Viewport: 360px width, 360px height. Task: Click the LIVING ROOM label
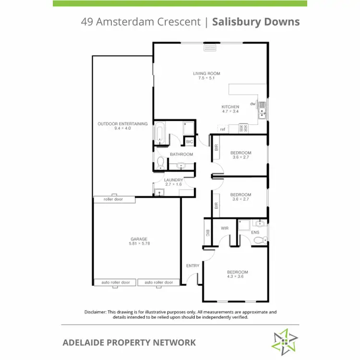point(206,73)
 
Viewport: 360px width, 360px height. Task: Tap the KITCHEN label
point(230,107)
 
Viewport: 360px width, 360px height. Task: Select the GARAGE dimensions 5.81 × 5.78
point(139,244)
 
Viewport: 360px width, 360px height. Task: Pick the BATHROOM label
point(181,154)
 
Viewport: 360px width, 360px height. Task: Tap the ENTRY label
point(192,265)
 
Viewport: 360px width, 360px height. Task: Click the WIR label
point(224,229)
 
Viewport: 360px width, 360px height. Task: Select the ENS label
point(255,232)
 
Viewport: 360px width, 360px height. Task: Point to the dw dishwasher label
point(252,104)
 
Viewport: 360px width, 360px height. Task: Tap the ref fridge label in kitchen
point(223,129)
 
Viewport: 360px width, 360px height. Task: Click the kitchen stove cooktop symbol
point(243,128)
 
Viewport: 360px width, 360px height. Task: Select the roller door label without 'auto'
point(113,199)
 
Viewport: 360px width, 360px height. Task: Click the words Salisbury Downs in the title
point(256,22)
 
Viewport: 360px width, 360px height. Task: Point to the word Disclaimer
point(96,312)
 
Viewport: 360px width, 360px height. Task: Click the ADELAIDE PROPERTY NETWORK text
point(129,342)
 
